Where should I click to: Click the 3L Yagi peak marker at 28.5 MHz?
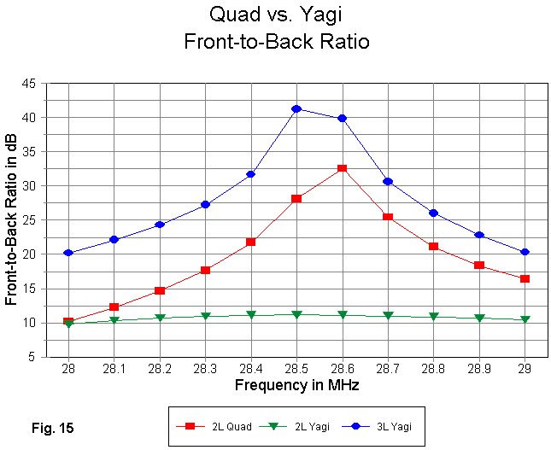coord(296,108)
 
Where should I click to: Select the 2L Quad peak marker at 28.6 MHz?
coord(342,168)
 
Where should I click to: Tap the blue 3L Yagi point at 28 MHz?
coord(68,253)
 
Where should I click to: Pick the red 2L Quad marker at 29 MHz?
coord(525,278)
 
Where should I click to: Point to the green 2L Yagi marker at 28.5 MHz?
coord(296,315)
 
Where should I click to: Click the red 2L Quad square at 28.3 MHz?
coord(205,270)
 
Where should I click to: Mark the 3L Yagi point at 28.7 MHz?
coord(388,181)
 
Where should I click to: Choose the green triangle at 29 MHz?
coord(525,319)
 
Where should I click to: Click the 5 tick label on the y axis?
coord(32,357)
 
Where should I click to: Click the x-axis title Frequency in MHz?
coord(296,385)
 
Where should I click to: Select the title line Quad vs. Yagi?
coord(277,14)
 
